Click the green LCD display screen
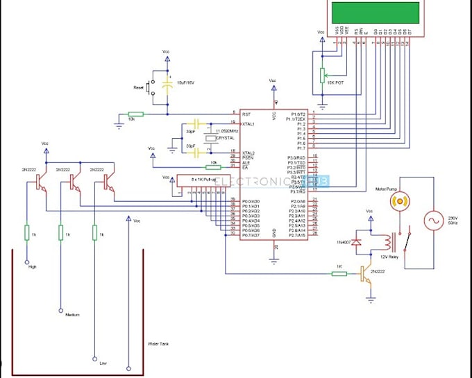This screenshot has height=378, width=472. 376,12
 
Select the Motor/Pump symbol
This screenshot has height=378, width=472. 399,201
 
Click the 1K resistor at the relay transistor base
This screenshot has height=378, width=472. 339,273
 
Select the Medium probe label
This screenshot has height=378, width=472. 72,315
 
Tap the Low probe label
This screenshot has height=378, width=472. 102,362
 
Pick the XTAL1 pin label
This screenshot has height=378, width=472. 247,123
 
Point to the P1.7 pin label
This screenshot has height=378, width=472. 301,148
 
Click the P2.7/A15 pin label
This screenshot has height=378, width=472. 298,236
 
